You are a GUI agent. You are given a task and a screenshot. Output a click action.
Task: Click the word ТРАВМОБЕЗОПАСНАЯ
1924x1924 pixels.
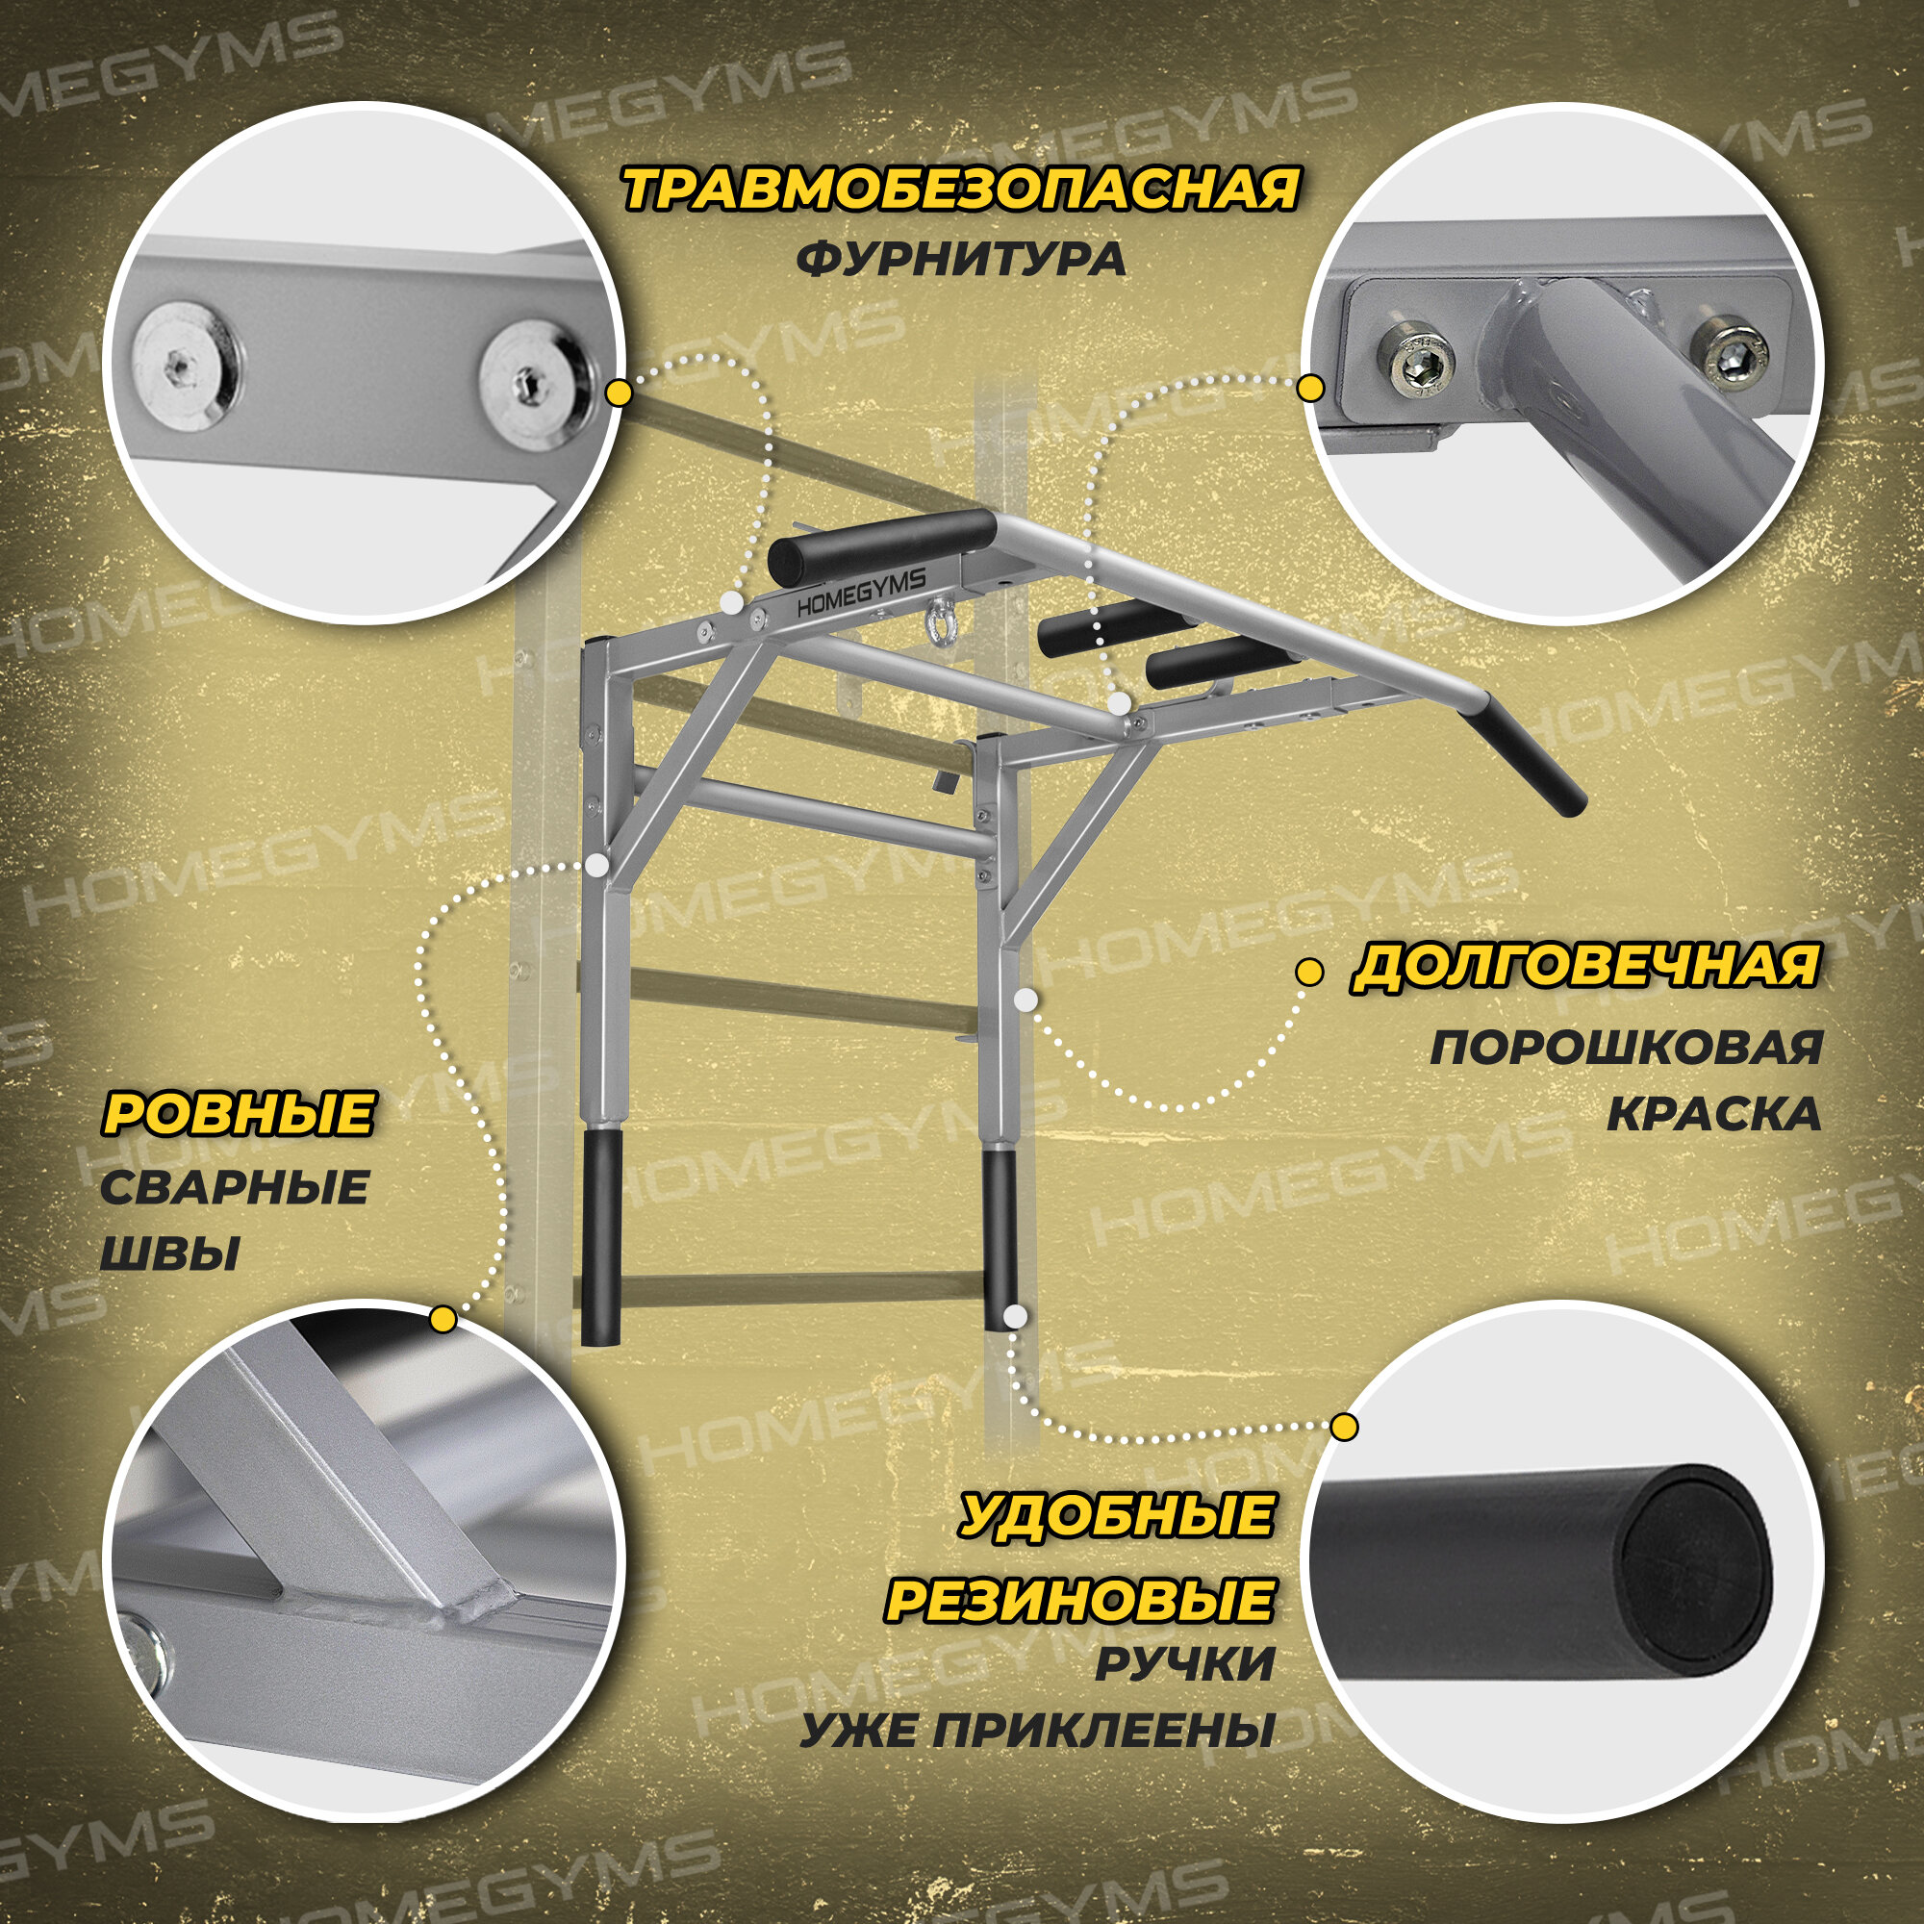coord(960,190)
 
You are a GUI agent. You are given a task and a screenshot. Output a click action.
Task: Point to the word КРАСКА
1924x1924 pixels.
coord(1713,1114)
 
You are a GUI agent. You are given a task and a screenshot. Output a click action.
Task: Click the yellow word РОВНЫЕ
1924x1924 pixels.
coord(238,1113)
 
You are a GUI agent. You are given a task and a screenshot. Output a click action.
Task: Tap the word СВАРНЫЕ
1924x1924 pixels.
coord(235,1188)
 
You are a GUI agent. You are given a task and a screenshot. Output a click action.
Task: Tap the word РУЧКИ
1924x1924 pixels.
coord(1185,1665)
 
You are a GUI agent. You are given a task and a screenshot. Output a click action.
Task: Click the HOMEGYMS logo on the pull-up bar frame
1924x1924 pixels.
coord(861,595)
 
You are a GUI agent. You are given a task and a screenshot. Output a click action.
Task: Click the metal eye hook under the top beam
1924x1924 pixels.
coord(935,621)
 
